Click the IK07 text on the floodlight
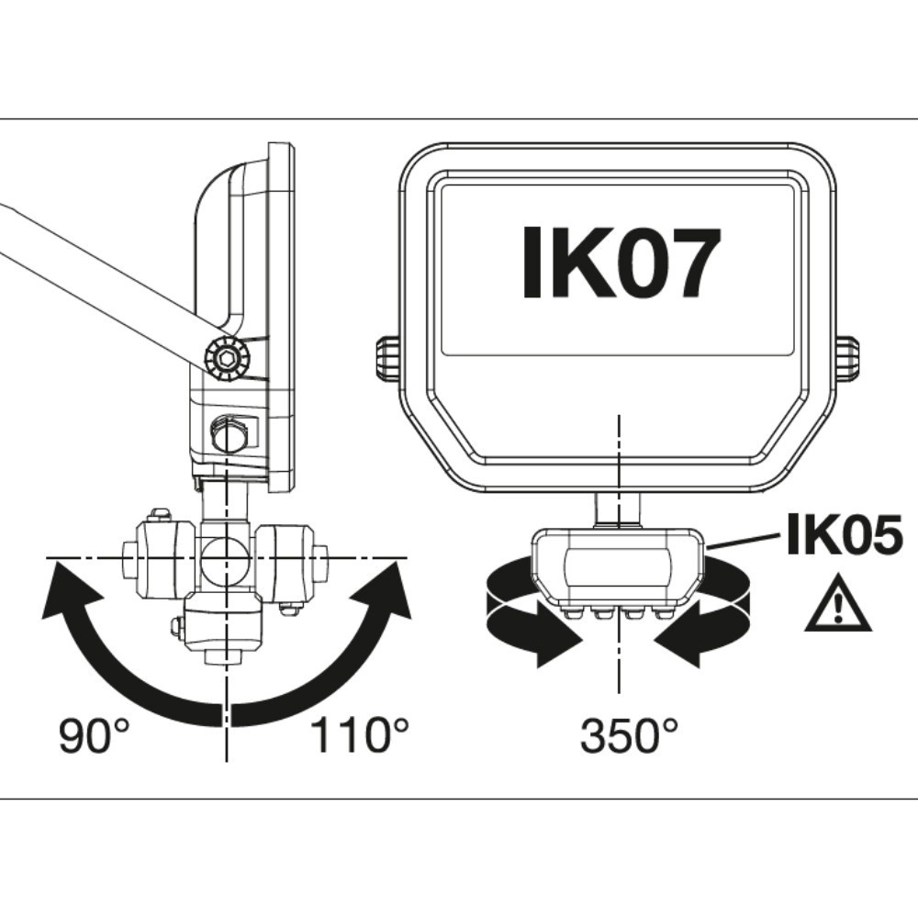[x=619, y=263]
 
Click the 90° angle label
[x=95, y=735]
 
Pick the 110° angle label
[x=359, y=735]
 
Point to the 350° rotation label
[x=630, y=735]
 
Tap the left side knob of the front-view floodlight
[x=386, y=357]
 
